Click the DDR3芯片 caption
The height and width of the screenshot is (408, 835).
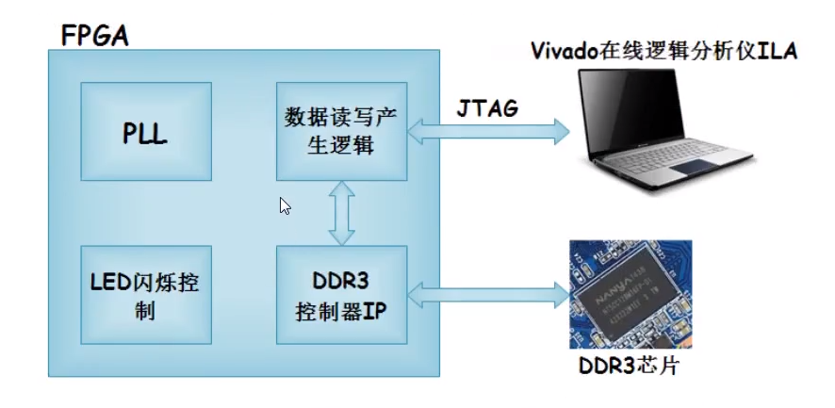coord(626,367)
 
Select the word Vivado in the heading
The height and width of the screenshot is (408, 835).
coord(565,51)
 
